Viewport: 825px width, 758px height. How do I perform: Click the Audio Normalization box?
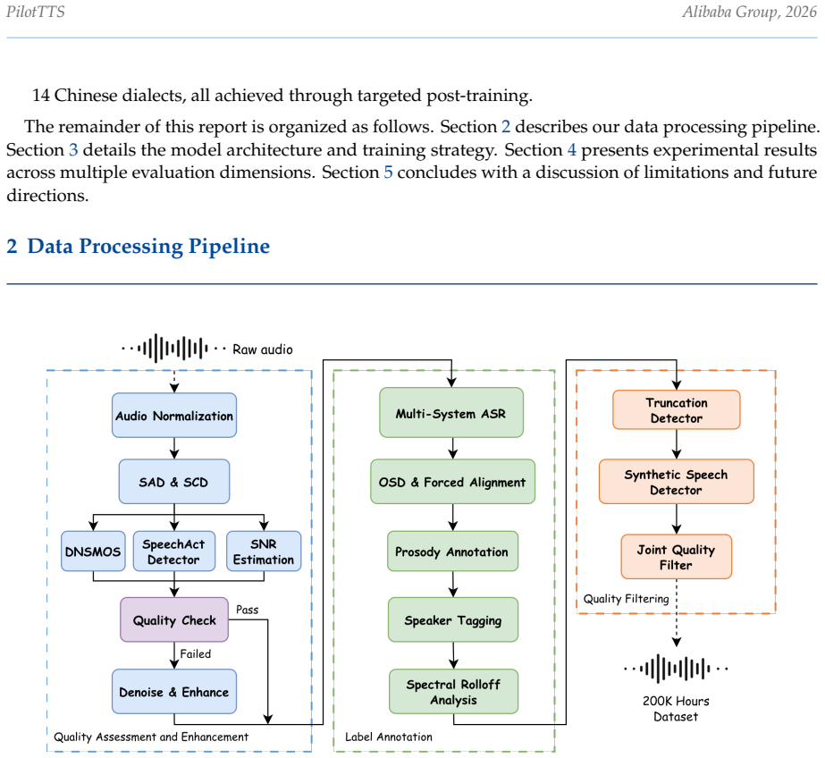174,415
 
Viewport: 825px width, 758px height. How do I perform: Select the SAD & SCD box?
174,482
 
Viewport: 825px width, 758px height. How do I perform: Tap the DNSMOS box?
93,552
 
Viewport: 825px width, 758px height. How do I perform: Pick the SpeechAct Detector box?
174,552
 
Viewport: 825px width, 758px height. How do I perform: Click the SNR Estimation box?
264,552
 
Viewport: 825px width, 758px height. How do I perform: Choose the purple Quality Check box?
174,619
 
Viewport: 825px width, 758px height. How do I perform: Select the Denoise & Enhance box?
174,691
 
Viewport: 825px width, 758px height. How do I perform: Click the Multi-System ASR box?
451,413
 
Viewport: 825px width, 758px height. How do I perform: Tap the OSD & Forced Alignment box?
452,482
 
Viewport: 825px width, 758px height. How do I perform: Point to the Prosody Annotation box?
452,552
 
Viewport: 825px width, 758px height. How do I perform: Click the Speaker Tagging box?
453,619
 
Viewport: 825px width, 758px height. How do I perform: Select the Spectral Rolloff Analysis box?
453,691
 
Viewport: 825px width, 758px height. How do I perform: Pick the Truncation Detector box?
677,409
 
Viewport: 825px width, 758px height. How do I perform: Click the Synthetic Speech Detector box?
676,482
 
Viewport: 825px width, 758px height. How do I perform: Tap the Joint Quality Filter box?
676,557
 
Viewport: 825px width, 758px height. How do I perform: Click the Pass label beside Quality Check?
248,610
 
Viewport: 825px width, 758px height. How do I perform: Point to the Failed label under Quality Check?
195,653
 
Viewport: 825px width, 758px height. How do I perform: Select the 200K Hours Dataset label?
676,709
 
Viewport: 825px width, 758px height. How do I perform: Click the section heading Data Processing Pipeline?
148,246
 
